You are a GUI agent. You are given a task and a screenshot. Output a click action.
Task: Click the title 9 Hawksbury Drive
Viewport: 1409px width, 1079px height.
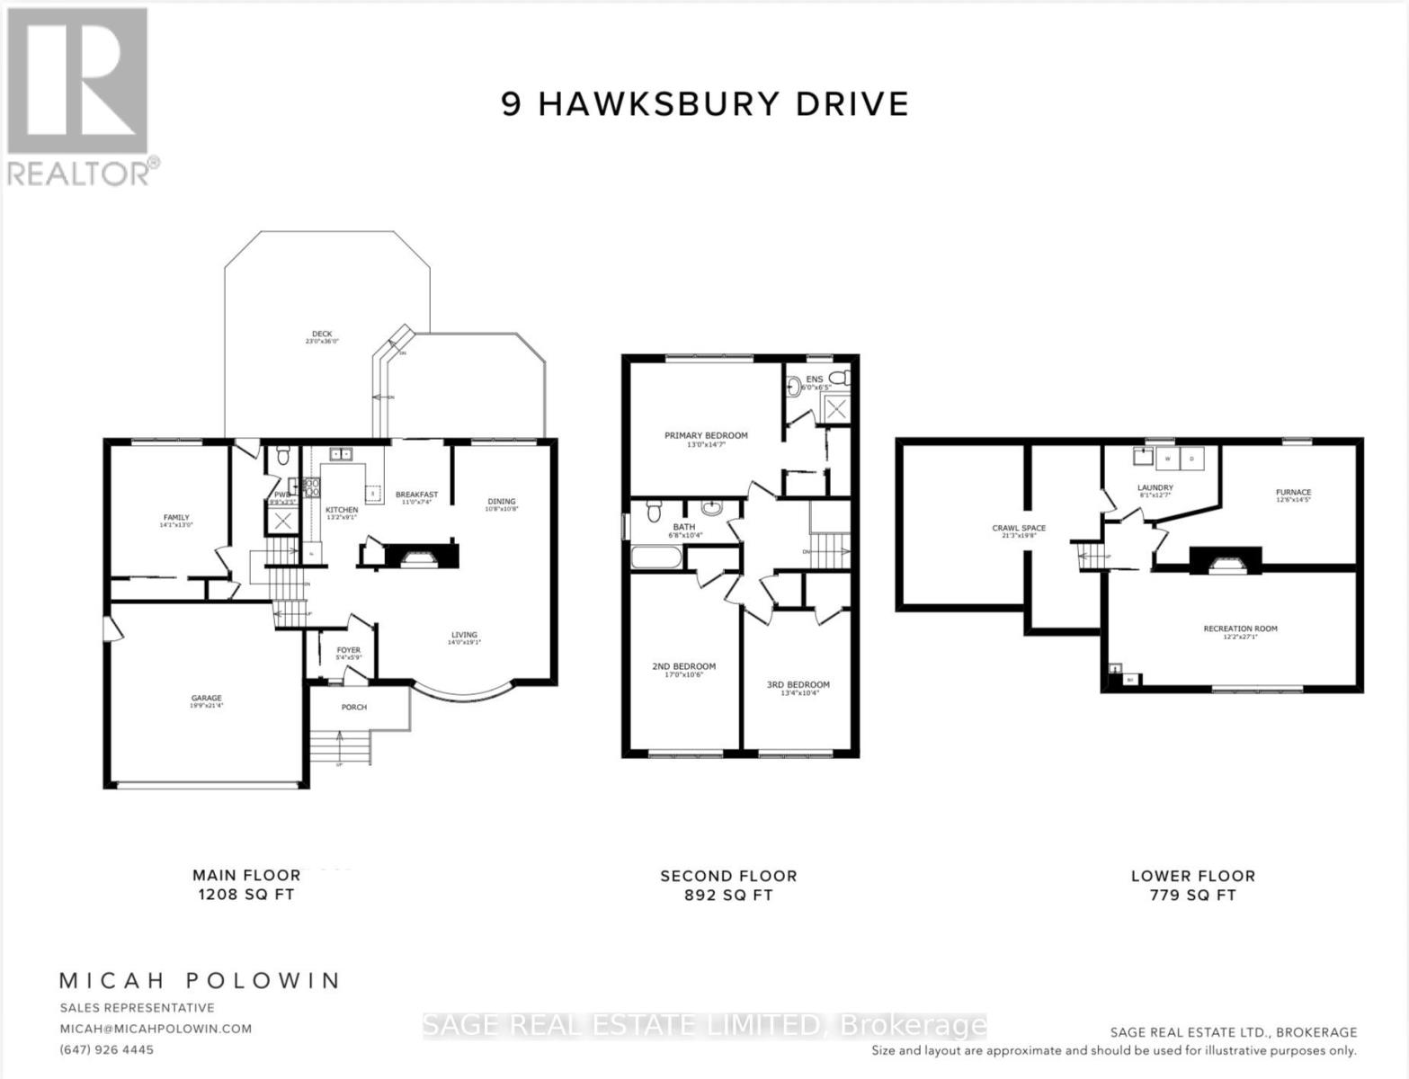point(705,104)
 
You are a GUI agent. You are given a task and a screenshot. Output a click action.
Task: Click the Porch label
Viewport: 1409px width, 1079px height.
point(354,707)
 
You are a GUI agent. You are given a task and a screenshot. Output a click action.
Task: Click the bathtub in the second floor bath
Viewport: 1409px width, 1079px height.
point(658,557)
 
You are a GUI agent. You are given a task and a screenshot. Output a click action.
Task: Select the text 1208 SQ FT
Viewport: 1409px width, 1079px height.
point(245,895)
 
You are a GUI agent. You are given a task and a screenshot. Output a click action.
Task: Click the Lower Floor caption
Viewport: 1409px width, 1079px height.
point(1192,876)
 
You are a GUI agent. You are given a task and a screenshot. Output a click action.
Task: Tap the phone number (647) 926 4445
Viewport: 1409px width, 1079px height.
point(107,1049)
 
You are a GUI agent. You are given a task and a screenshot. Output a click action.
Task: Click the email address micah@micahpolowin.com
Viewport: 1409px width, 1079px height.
point(156,1029)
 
